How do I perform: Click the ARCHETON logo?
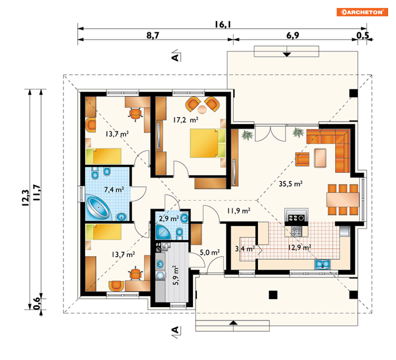pos(362,12)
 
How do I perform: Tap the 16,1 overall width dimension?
pos(223,25)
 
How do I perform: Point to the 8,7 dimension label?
pos(153,35)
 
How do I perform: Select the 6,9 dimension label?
pos(293,35)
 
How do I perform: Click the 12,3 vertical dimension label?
pos(26,198)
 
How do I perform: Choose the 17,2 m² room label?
pos(185,120)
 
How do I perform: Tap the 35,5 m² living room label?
pos(291,184)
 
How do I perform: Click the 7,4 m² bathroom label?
pos(114,189)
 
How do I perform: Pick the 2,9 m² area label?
pos(169,218)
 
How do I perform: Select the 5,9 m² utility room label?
pos(176,275)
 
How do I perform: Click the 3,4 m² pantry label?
pos(245,249)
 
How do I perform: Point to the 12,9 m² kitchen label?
pos(300,247)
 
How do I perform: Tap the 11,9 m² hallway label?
pos(239,210)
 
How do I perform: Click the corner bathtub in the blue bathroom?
pos(98,208)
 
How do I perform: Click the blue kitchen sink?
pos(322,264)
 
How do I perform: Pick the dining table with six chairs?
pos(343,200)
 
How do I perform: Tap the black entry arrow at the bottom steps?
pos(233,323)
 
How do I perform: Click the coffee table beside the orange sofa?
pos(320,158)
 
